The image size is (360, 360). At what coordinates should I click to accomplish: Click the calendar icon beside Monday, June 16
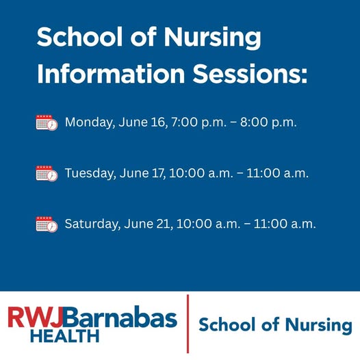click(47, 123)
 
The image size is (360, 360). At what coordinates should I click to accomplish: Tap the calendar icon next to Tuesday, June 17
click(47, 173)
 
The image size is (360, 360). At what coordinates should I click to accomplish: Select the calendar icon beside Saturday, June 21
click(47, 224)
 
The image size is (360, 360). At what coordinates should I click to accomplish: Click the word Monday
click(90, 123)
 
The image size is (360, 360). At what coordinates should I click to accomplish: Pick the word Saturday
click(92, 224)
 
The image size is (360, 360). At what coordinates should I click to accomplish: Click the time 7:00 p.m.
click(199, 122)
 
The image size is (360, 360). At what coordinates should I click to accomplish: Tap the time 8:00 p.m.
click(268, 122)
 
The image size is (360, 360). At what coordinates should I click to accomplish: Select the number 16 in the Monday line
click(158, 122)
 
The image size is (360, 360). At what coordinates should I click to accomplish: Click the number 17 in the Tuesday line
click(158, 173)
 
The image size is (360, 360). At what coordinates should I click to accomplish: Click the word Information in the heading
click(111, 73)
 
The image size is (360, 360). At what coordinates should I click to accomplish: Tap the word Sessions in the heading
click(250, 73)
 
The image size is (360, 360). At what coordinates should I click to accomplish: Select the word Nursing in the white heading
click(212, 38)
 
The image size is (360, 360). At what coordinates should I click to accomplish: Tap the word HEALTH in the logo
click(65, 336)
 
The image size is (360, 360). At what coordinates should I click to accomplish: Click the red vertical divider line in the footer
click(188, 324)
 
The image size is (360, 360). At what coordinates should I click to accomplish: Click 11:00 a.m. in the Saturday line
click(285, 224)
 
